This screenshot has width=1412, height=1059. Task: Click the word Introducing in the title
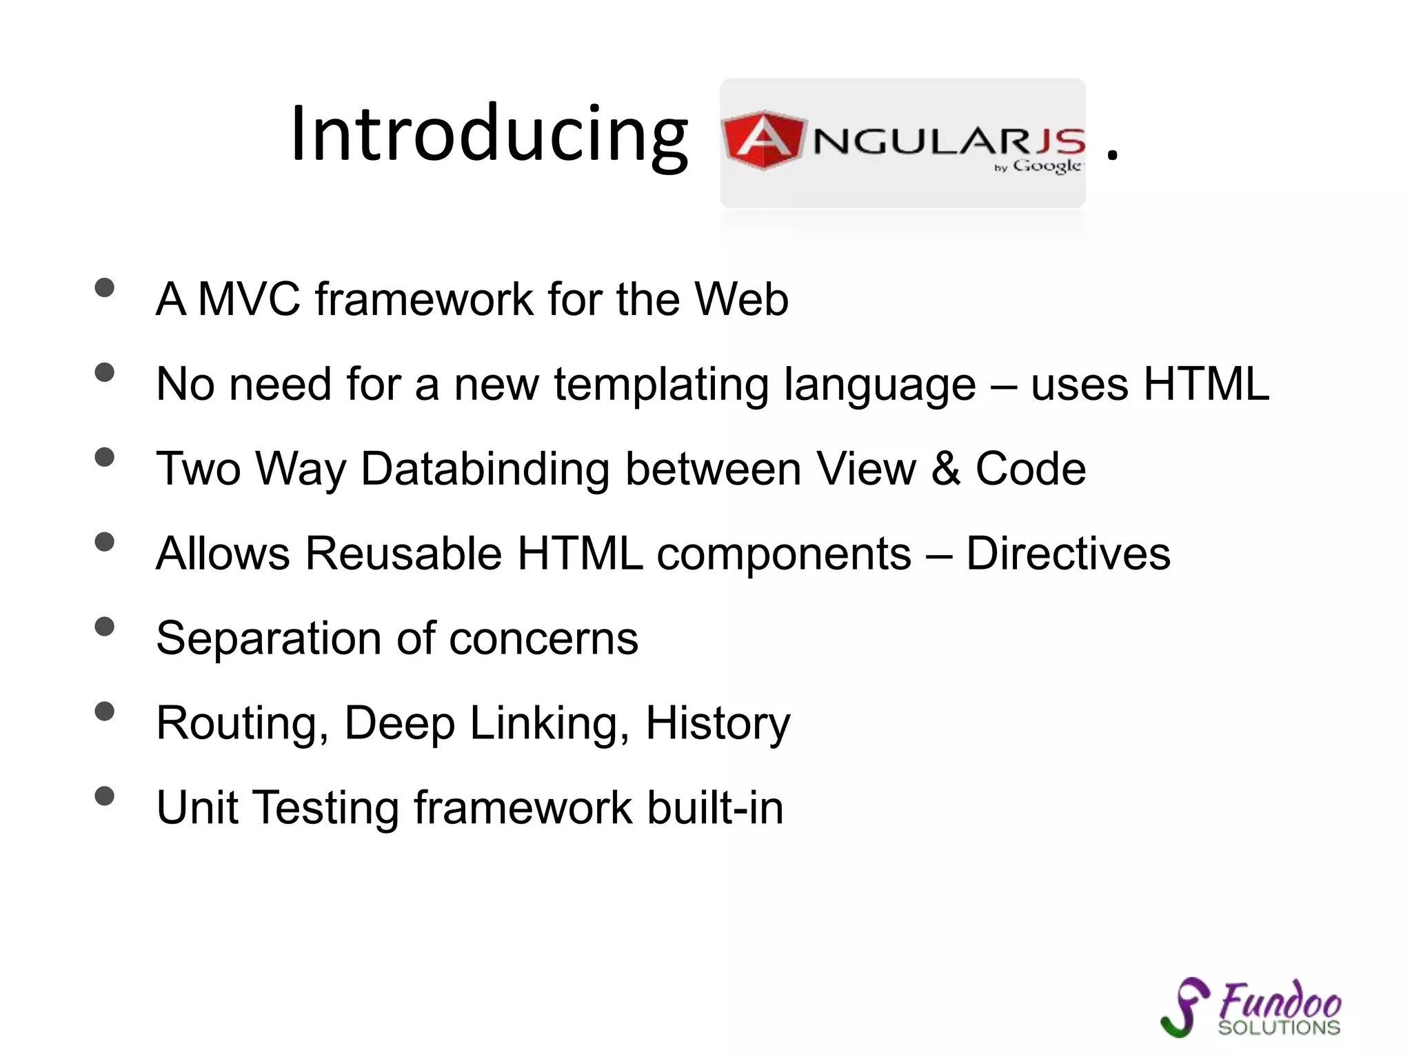pos(489,134)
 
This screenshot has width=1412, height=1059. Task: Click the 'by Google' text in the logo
pos(1040,166)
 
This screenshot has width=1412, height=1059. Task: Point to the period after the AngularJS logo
pos(1111,158)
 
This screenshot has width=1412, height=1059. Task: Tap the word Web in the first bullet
pos(741,299)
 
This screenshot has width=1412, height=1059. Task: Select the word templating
pos(661,384)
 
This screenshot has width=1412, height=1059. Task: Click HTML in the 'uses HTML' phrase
pos(1206,384)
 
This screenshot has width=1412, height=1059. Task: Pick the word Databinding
pos(485,469)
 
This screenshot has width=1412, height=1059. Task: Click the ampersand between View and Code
pos(946,469)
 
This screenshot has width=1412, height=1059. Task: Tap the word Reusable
pos(403,554)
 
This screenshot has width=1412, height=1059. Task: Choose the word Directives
pos(1068,554)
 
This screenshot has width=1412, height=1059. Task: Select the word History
pos(718,723)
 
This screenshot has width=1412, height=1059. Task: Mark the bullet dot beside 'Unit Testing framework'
pos(104,796)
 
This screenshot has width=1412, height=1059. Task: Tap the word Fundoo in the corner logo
pos(1280,1000)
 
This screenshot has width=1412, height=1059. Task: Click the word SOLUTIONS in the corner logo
pos(1279,1028)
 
